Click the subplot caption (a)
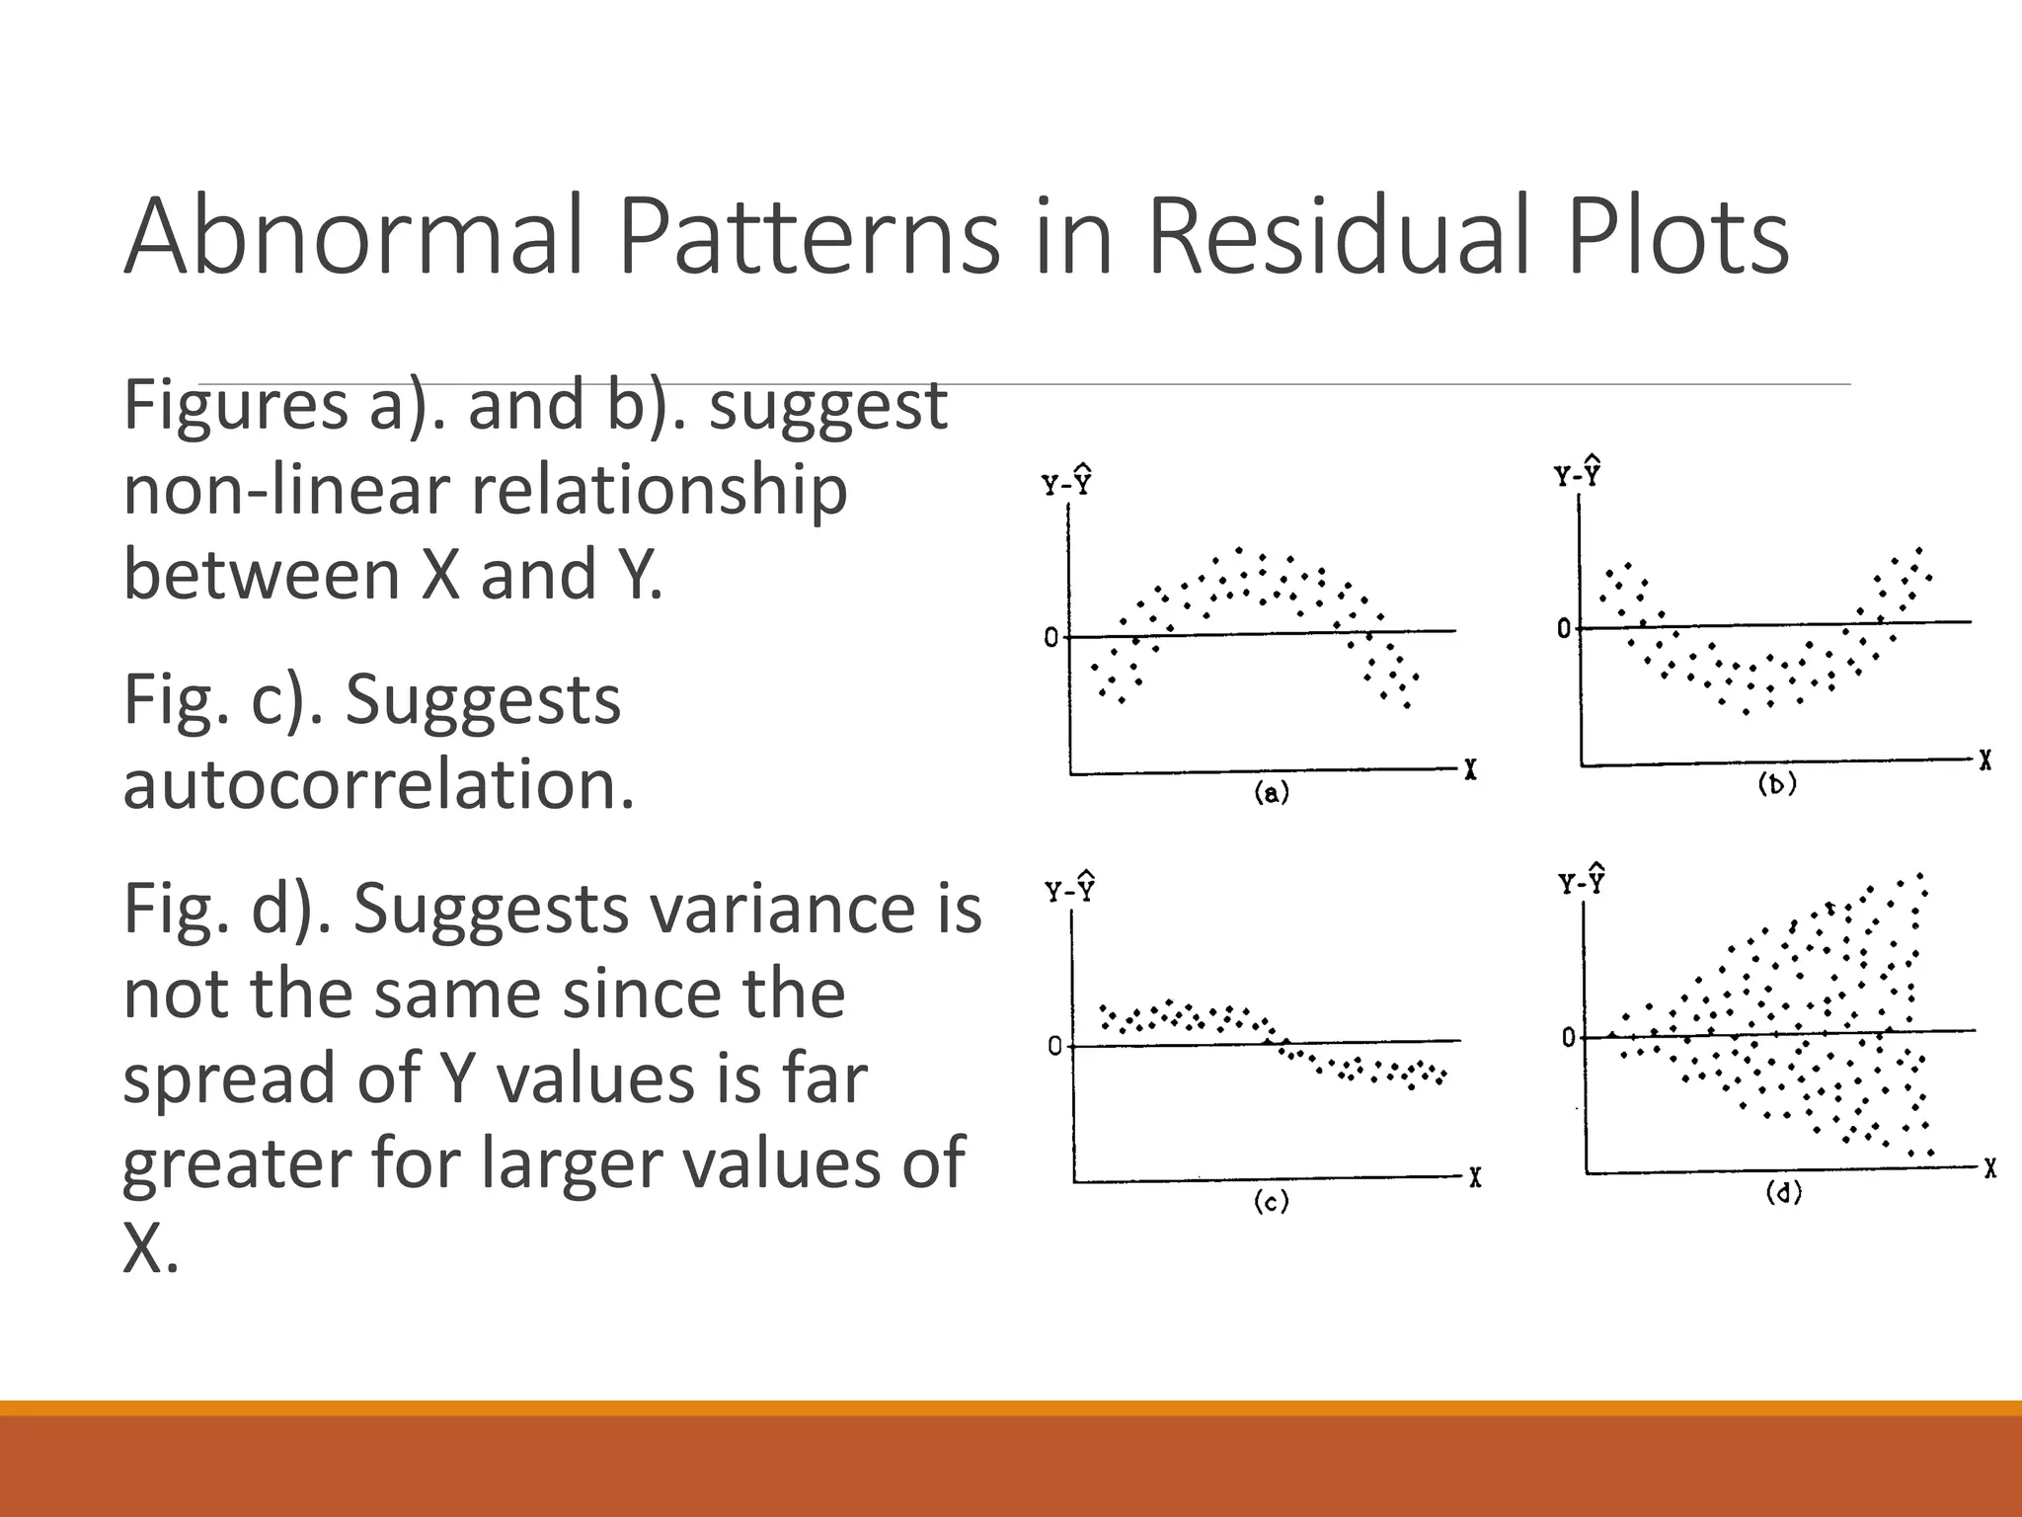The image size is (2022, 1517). pos(1272,792)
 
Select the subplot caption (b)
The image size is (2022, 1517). pos(1777,784)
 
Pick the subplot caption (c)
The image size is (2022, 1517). pos(1271,1201)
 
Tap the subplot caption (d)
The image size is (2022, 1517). pos(1783,1193)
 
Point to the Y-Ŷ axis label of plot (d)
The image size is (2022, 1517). pos(1582,880)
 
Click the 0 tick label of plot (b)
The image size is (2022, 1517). pos(1564,628)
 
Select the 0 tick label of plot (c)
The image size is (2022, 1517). pos(1054,1046)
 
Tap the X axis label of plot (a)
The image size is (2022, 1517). pos(1470,770)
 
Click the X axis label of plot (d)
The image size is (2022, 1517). pos(1989,1169)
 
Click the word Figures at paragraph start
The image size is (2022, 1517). pos(235,407)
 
